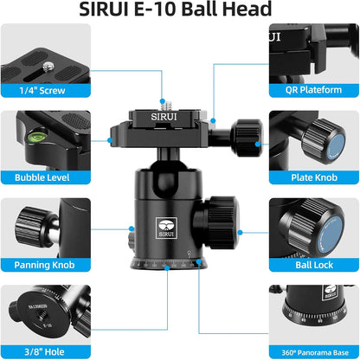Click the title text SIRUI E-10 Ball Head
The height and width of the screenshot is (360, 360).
pyautogui.click(x=180, y=12)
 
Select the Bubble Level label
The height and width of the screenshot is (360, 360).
pyautogui.click(x=43, y=177)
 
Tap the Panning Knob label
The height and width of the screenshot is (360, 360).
pyautogui.click(x=43, y=266)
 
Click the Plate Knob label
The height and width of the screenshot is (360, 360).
pyautogui.click(x=315, y=177)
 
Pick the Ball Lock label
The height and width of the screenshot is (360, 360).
pyautogui.click(x=315, y=266)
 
